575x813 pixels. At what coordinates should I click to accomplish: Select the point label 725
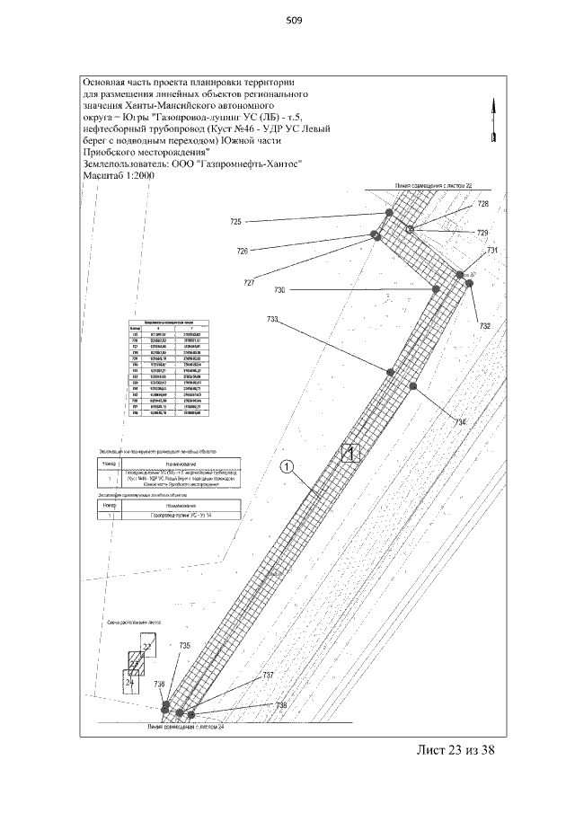tap(236, 222)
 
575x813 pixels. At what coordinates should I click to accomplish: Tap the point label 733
tap(273, 320)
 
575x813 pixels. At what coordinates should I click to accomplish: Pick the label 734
tap(461, 422)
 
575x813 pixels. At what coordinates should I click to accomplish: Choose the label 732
tap(485, 326)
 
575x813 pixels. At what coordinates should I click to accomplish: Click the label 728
tap(483, 205)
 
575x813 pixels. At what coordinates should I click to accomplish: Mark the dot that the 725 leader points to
tap(388, 214)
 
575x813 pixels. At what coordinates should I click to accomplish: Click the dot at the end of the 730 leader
tap(436, 289)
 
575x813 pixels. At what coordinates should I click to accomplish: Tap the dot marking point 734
tap(413, 386)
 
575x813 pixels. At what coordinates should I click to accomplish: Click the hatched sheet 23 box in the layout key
tap(135, 664)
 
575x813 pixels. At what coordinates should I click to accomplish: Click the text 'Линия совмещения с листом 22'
tap(429, 185)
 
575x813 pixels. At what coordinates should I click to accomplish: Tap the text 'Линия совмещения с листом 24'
tap(186, 726)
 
